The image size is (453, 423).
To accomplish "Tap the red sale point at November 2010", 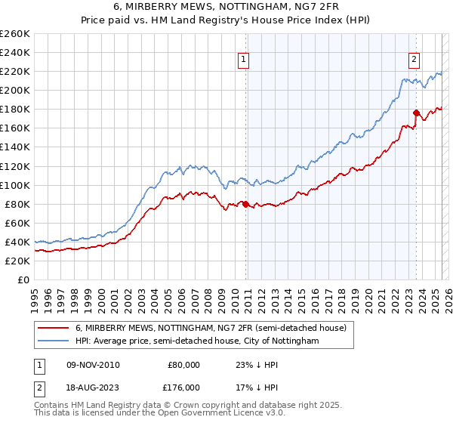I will click(x=245, y=203).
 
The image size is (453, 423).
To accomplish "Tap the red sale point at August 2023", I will click(x=416, y=113).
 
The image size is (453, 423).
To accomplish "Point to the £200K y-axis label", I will click(x=15, y=90).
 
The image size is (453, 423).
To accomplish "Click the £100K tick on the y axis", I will click(x=15, y=185).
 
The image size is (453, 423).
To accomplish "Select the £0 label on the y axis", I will click(x=24, y=279).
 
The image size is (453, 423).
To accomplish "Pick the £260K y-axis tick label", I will click(x=15, y=33).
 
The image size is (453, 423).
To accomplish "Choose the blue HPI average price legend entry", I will click(x=197, y=341).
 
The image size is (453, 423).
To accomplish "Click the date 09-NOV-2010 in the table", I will click(x=93, y=364).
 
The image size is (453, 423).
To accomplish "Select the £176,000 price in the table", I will click(x=184, y=387).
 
